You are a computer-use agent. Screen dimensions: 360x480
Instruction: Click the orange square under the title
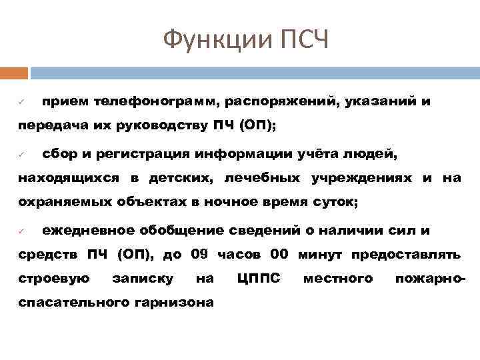[x=14, y=73]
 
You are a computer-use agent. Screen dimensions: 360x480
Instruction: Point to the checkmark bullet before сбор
[x=21, y=155]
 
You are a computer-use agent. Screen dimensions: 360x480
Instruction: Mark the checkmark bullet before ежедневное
[x=21, y=231]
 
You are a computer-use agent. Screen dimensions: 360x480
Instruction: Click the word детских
[x=190, y=177]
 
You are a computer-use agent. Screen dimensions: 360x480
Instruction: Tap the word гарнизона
[x=175, y=302]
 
